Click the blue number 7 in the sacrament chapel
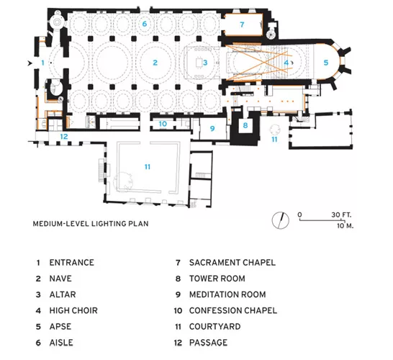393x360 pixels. (x=242, y=24)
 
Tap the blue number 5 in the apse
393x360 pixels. (x=326, y=63)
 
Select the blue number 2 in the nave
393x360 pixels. (x=155, y=63)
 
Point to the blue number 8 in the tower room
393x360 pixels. (x=245, y=125)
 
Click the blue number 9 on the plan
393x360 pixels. (x=212, y=129)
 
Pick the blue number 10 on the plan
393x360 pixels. (x=163, y=124)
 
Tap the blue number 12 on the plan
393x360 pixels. (x=64, y=136)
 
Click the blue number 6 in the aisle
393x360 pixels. (x=145, y=24)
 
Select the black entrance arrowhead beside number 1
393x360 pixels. (x=30, y=63)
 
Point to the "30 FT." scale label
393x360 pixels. (x=341, y=215)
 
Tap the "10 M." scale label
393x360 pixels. (x=345, y=225)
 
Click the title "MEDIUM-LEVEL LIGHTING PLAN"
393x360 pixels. (x=91, y=224)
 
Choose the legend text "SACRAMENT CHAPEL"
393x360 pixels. (x=232, y=263)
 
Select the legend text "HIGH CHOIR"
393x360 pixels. (x=73, y=310)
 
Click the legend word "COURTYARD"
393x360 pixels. (x=215, y=327)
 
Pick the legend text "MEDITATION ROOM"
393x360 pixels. (x=227, y=294)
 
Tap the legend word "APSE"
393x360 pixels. (x=60, y=327)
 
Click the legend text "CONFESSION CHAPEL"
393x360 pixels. (x=233, y=310)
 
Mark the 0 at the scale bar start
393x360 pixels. (x=299, y=215)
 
